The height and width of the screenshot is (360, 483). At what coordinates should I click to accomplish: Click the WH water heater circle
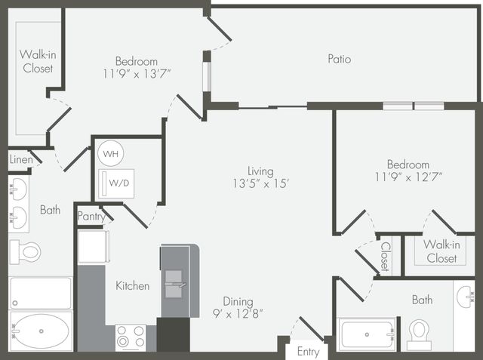click(111, 153)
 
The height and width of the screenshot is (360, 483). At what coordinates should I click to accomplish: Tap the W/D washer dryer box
click(116, 183)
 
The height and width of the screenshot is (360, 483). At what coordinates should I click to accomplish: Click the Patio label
click(339, 59)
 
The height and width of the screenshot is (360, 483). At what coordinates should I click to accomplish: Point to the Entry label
click(308, 352)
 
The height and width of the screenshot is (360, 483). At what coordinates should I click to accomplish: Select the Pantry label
click(91, 216)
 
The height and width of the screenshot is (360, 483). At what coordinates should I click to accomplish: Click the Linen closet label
click(21, 159)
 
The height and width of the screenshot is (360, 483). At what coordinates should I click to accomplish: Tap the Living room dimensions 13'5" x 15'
click(260, 184)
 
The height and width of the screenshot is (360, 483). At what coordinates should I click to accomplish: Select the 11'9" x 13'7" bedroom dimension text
click(137, 74)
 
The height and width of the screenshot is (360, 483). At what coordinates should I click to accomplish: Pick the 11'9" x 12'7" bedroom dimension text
click(408, 177)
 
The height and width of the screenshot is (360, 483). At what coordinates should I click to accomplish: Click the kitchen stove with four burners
click(131, 338)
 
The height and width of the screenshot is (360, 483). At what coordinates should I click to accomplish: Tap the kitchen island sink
click(174, 285)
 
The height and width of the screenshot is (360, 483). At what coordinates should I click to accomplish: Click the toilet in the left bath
click(25, 252)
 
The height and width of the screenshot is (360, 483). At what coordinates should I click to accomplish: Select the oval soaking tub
click(42, 331)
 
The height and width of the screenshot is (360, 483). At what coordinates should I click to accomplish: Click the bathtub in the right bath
click(368, 335)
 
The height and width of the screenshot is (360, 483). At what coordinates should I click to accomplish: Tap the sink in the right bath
click(465, 297)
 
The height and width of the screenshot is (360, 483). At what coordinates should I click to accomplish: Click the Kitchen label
click(133, 285)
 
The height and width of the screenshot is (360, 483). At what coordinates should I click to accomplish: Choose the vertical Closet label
click(386, 257)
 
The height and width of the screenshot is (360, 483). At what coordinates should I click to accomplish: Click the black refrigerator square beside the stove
click(173, 335)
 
